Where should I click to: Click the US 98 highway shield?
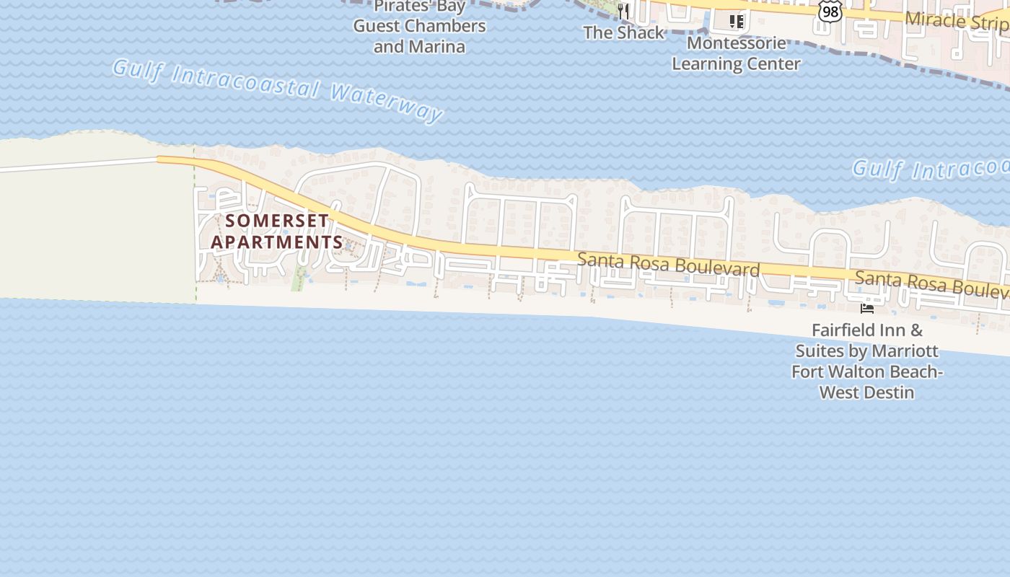coord(830,12)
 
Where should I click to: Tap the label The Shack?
coord(623,32)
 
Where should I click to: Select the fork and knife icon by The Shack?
coord(624,12)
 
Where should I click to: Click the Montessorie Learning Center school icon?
coord(736,22)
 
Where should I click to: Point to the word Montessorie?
coord(736,43)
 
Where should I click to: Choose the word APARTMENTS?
coord(277,242)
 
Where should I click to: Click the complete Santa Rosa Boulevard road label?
coord(668,264)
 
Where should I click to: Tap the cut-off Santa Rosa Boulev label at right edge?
coord(931,283)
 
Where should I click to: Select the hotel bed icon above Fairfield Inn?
coord(867,308)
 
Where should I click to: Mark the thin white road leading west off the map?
coord(72,166)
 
